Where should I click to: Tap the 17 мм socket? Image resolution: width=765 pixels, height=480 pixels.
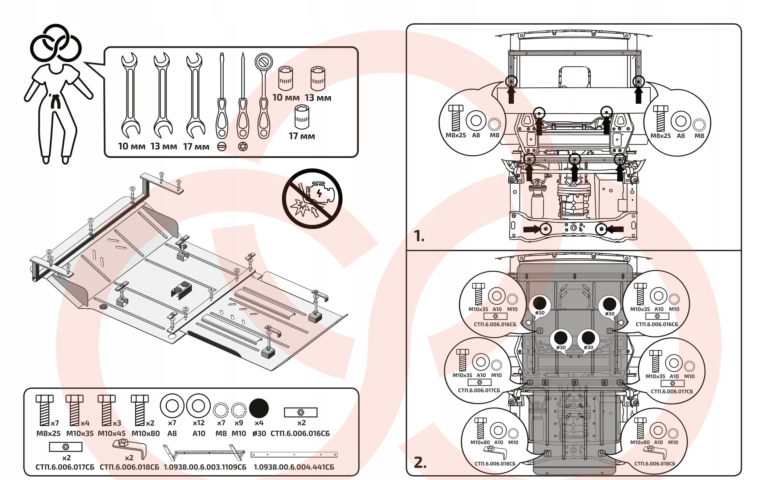point(302,117)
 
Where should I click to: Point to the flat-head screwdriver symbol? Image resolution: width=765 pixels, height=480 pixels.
point(222,147)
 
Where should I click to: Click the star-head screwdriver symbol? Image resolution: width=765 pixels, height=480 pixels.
point(243,147)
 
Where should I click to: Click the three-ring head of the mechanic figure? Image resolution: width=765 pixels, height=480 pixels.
point(56,43)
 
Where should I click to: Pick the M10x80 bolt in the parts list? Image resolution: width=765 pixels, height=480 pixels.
point(140,410)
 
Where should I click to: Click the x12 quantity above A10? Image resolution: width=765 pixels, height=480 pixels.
point(199,423)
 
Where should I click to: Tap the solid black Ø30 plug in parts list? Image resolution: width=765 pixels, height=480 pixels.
point(259,408)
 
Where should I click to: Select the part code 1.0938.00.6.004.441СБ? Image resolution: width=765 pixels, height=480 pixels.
point(294,467)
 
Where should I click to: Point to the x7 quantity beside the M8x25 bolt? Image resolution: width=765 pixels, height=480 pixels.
point(55,423)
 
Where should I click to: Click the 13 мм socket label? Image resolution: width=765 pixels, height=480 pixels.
point(318,98)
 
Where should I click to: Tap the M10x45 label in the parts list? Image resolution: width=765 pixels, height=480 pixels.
point(112,433)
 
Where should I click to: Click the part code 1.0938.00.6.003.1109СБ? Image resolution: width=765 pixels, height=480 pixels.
point(205,467)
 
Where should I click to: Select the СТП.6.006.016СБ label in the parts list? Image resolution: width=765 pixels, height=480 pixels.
point(300,433)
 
